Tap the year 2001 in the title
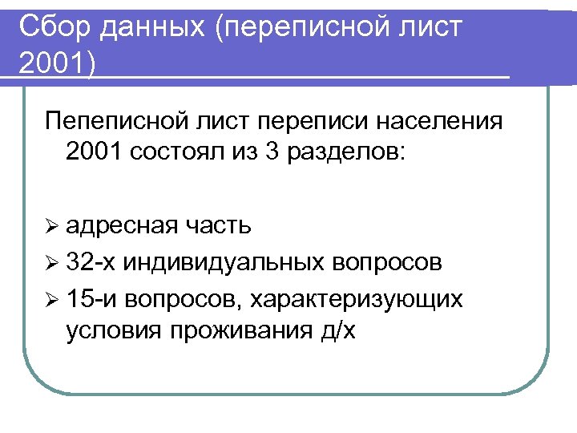click(50, 64)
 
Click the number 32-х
click(92, 262)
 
